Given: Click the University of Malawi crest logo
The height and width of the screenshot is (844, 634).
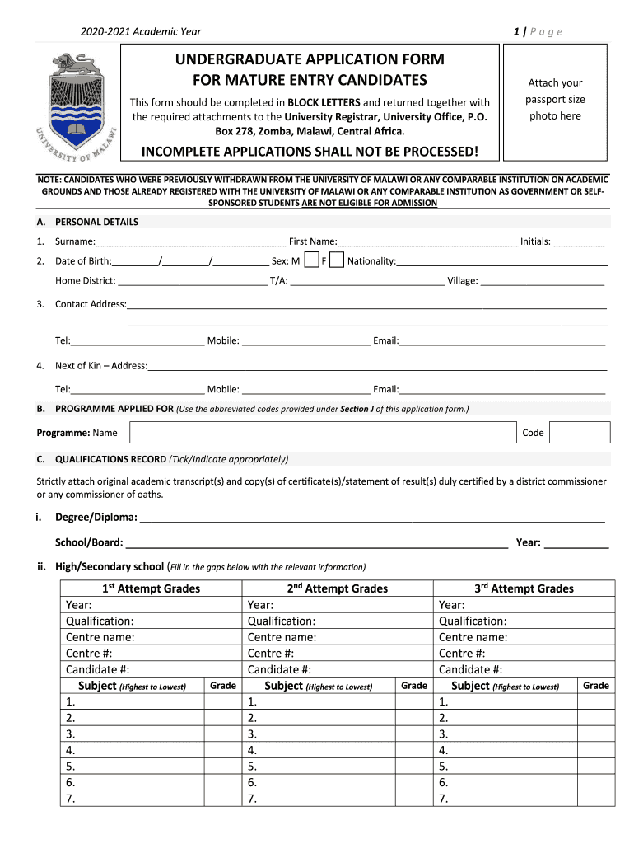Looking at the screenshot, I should click(76, 103).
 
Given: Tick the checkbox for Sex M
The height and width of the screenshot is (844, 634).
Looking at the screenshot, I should click(311, 261).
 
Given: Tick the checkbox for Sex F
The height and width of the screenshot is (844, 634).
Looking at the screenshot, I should click(336, 261).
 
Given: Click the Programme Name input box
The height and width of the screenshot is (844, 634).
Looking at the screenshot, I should click(323, 433).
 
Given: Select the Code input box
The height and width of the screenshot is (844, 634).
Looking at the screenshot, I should click(579, 433).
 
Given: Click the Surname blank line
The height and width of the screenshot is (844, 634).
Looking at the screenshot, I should click(191, 242).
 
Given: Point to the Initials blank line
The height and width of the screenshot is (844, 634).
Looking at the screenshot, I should click(579, 242).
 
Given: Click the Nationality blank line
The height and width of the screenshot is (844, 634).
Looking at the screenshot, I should click(501, 262).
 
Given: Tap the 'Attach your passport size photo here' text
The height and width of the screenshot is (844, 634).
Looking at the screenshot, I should click(555, 99).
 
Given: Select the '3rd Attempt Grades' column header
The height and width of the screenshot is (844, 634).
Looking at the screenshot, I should click(524, 588).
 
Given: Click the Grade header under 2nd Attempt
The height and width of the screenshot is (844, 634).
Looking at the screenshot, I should click(413, 686).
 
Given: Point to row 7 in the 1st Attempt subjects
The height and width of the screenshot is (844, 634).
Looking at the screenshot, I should click(132, 799).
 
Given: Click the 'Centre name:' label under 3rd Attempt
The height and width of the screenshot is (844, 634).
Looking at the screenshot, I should click(473, 637).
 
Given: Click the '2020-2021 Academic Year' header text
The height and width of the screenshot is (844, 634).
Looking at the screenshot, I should click(141, 32).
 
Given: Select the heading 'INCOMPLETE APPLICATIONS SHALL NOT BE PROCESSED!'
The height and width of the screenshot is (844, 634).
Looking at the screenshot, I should click(310, 152).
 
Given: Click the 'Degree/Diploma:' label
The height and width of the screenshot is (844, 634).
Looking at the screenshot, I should click(96, 518).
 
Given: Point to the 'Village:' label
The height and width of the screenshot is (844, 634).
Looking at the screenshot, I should click(462, 281).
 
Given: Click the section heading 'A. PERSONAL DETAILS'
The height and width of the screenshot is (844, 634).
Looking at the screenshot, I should click(88, 222).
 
